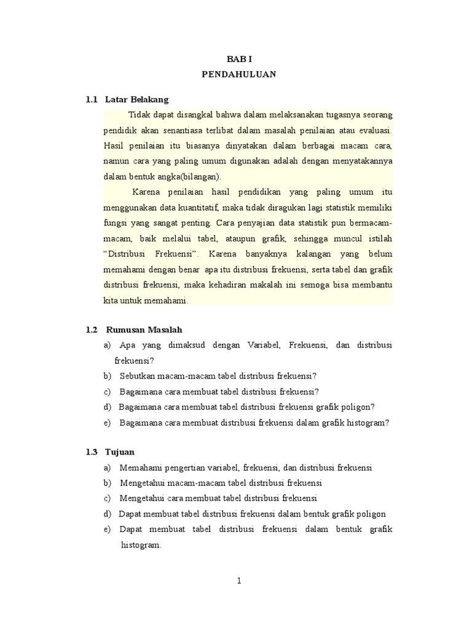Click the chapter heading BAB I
[239, 58]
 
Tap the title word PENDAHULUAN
[239, 74]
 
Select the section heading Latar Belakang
[136, 99]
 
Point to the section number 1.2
[92, 330]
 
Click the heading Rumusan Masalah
[144, 330]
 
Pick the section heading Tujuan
[120, 452]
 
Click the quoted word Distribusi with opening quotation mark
[125, 254]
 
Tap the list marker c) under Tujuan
[108, 498]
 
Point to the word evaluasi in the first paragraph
[374, 130]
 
